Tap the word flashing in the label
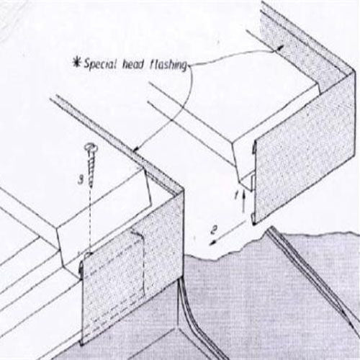(x=168, y=65)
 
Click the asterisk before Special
(x=77, y=63)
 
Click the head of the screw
(x=91, y=146)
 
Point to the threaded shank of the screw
(x=91, y=168)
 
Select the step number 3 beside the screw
(x=82, y=179)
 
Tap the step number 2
(x=213, y=230)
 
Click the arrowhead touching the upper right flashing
(x=280, y=48)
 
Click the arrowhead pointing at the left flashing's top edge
(x=136, y=149)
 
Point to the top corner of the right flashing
(x=355, y=70)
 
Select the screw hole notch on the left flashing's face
(x=89, y=254)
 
